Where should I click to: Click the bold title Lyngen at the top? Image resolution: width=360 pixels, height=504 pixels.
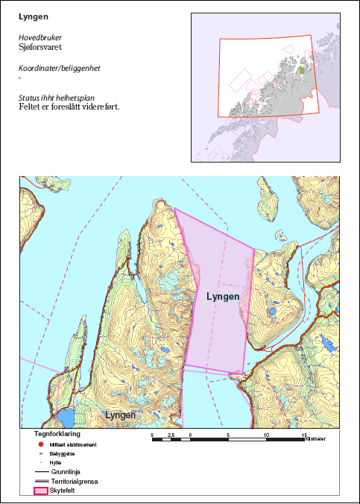click(34, 16)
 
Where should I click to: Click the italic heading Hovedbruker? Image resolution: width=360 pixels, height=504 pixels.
click(40, 37)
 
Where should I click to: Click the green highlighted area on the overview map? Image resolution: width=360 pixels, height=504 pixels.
click(300, 70)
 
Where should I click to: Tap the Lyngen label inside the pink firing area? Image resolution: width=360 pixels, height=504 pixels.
click(221, 297)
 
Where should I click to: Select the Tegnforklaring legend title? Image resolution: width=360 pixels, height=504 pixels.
click(57, 433)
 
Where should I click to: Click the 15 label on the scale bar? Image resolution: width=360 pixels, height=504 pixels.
click(304, 433)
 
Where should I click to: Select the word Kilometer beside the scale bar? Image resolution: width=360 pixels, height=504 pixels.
click(315, 440)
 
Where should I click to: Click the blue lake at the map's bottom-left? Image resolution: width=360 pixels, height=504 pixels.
click(66, 416)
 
